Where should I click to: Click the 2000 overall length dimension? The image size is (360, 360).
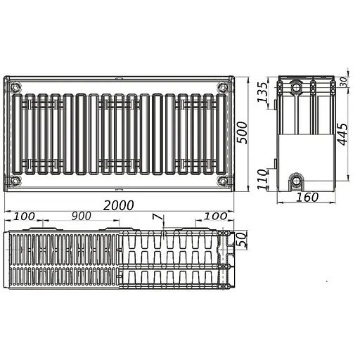(119, 205)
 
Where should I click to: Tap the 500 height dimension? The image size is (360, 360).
(242, 133)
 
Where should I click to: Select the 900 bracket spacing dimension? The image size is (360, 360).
(82, 216)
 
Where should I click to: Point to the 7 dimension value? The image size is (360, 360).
(157, 217)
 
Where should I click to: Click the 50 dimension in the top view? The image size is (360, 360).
(242, 239)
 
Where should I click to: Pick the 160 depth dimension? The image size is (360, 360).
(307, 197)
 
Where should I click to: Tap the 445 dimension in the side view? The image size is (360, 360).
(342, 134)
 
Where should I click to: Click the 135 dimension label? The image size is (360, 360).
(262, 92)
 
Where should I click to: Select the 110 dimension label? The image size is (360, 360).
(262, 179)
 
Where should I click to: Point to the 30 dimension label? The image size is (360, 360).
(343, 82)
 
